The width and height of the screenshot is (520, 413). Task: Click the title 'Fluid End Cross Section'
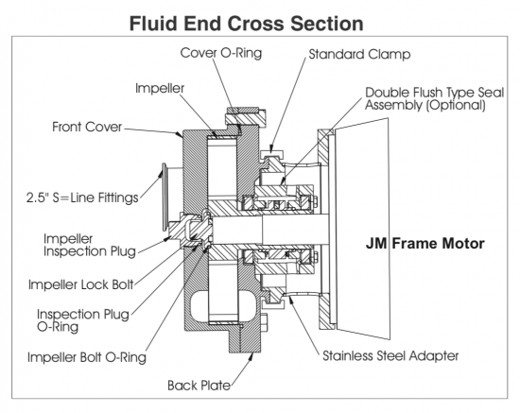247,24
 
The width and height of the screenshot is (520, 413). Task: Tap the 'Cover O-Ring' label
221,53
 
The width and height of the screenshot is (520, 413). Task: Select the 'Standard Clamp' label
359,55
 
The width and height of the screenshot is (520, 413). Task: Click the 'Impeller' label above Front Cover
160,88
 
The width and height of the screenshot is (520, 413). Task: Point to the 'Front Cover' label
87,127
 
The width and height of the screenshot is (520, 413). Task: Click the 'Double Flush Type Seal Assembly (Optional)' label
435,99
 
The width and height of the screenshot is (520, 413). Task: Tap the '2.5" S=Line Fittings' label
82,198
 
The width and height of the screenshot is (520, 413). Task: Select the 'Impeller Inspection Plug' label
90,246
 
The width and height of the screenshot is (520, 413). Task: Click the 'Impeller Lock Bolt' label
81,284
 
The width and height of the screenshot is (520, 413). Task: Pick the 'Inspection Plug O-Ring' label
83,320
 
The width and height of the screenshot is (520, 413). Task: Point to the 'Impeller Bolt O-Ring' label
87,357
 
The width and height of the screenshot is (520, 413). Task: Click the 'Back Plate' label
199,386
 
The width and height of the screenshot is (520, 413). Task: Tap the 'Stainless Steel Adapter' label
390,356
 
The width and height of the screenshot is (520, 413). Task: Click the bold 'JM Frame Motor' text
425,244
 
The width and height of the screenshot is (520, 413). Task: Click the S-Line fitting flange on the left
163,197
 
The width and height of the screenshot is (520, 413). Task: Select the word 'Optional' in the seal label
456,106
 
